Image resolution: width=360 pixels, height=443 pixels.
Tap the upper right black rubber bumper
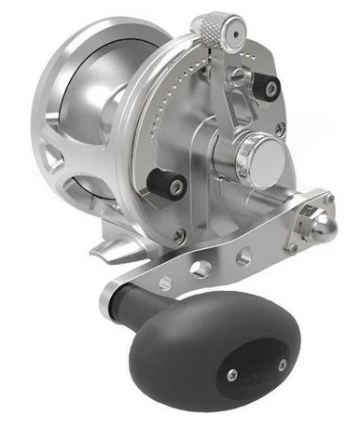pos(269,89)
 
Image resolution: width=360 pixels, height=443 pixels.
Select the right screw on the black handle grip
pos(230,374)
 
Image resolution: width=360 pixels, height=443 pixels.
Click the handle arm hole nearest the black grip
pos(166,283)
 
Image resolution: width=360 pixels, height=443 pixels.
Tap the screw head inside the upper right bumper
pos(270,89)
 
